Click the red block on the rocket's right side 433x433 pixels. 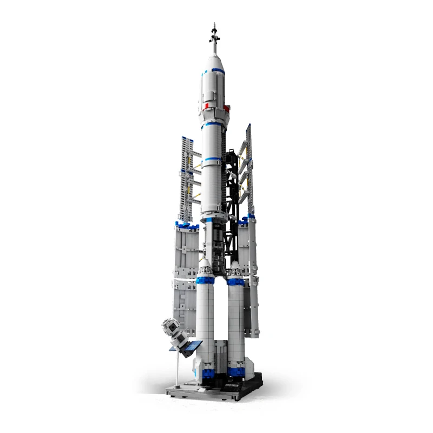coord(226,108)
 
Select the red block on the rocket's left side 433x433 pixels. coord(206,106)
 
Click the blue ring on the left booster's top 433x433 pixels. coord(205,280)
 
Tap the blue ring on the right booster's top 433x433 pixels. coord(236,281)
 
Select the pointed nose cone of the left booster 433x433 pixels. coord(205,267)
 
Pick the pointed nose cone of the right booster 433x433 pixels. coord(235,269)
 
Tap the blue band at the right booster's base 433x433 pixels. coord(236,372)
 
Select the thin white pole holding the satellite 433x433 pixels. coord(178,368)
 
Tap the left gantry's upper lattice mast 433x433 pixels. coord(186,179)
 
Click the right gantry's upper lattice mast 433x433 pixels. coord(249,168)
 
